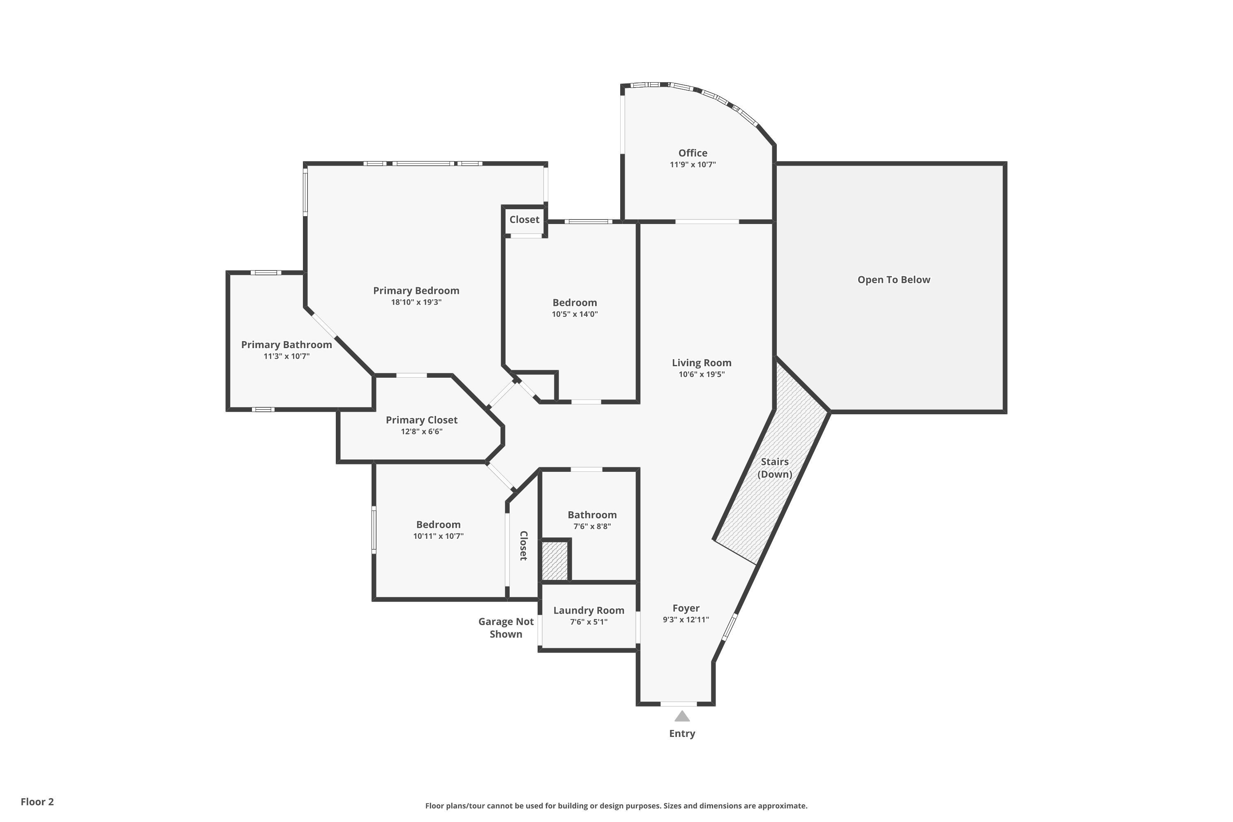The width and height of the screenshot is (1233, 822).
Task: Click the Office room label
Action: click(x=693, y=153)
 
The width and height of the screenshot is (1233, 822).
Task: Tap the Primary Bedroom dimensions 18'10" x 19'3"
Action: click(x=416, y=302)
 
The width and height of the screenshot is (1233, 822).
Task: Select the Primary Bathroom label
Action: click(x=286, y=345)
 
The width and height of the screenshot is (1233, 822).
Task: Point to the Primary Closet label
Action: click(x=422, y=420)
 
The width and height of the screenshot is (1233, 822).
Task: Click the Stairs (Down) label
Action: click(x=774, y=468)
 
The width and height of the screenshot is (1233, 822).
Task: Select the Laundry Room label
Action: click(x=589, y=611)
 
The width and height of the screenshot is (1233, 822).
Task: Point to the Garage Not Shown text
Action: click(x=506, y=628)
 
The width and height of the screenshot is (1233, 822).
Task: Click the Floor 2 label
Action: click(x=37, y=801)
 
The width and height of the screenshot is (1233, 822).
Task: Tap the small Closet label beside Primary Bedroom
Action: click(x=524, y=219)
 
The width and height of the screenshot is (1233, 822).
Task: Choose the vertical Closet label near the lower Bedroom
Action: click(x=523, y=546)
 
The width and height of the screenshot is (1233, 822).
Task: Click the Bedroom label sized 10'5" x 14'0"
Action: click(x=575, y=303)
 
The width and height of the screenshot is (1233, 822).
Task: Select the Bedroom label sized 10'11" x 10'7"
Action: click(x=438, y=525)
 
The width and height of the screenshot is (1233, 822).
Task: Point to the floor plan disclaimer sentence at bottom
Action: click(x=616, y=806)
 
